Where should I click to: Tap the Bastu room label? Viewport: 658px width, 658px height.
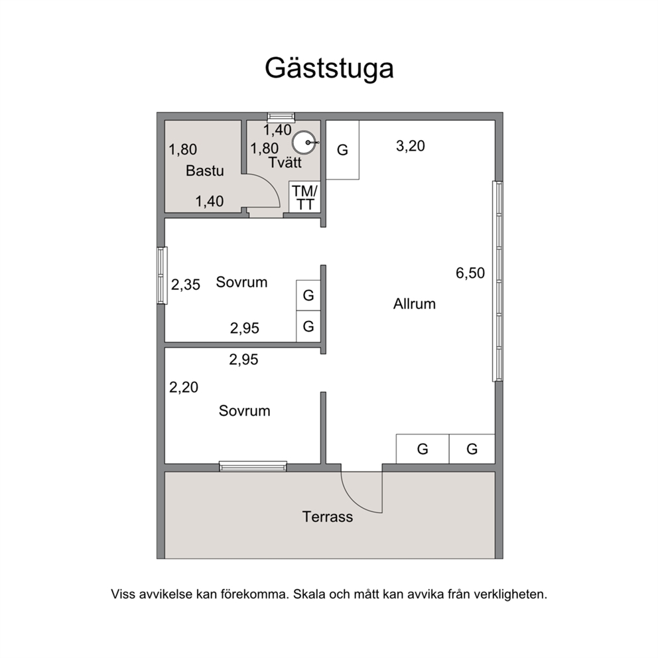click(x=205, y=170)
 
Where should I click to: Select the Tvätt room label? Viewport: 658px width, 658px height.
click(x=285, y=162)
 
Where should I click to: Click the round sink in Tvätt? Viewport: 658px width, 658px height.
click(x=304, y=143)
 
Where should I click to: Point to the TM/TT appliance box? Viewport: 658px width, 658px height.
click(x=304, y=197)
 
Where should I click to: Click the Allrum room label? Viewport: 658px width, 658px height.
click(x=414, y=304)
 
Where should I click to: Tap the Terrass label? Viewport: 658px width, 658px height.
click(x=327, y=517)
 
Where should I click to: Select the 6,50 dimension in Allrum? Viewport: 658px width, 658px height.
click(x=470, y=273)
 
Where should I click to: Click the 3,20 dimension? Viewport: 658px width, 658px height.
click(x=411, y=146)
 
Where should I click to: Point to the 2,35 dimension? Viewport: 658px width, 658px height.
click(x=186, y=285)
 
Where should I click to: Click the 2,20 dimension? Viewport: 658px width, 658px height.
click(x=183, y=387)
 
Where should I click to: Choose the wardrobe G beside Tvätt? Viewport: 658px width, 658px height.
click(x=342, y=150)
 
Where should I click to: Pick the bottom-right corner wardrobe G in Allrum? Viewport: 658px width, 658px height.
click(x=472, y=449)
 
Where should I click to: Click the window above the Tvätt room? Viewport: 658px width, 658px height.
click(x=281, y=117)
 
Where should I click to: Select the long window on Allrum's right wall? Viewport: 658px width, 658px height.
click(x=497, y=281)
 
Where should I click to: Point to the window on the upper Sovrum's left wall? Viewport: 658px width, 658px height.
click(x=162, y=275)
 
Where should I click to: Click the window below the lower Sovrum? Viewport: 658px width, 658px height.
click(x=253, y=466)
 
